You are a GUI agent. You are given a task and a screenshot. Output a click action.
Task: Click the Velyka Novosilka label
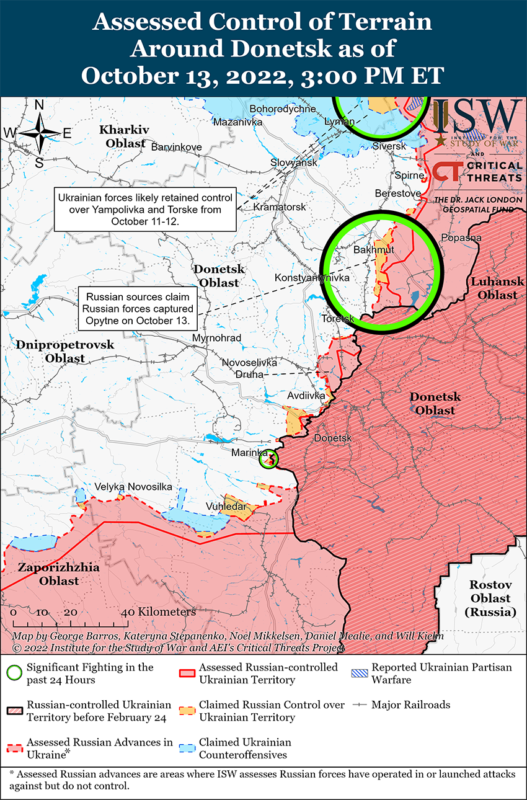pyautogui.click(x=133, y=487)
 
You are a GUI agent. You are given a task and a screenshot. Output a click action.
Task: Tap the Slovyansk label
pyautogui.click(x=294, y=162)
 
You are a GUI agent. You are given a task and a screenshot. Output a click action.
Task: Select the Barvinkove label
pyautogui.click(x=177, y=147)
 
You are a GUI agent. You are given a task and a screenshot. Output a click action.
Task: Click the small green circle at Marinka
pyautogui.click(x=268, y=459)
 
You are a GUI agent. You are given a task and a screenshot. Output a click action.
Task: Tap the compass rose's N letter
pyautogui.click(x=39, y=105)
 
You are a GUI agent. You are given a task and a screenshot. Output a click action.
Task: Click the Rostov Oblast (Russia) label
pyautogui.click(x=490, y=598)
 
